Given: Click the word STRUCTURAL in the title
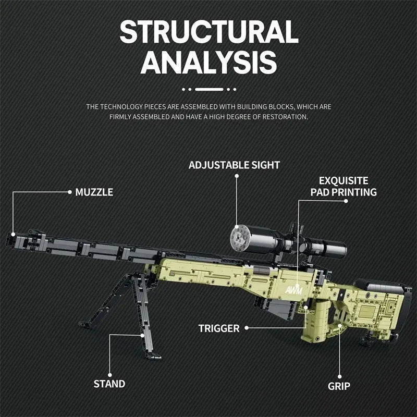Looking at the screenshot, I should click(208, 32).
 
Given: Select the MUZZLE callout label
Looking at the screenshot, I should click(94, 192).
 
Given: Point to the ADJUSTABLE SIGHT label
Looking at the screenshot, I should click(234, 165).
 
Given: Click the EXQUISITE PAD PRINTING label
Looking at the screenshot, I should click(344, 186).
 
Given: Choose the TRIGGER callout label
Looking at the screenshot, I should click(219, 328).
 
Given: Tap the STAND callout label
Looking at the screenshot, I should click(109, 384).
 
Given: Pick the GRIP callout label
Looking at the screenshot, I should click(339, 386).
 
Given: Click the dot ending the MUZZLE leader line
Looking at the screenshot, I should click(69, 192).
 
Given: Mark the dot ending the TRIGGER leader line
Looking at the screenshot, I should click(247, 328).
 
